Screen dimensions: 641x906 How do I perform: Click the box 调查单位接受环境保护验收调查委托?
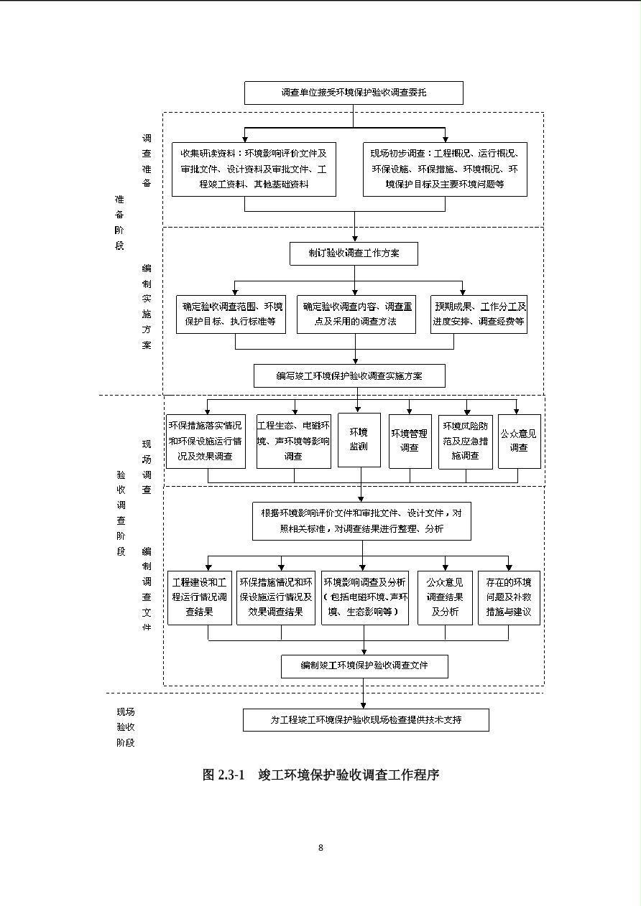click(x=354, y=93)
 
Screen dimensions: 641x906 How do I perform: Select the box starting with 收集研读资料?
click(x=254, y=169)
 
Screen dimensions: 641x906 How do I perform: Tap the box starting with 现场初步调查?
click(x=445, y=169)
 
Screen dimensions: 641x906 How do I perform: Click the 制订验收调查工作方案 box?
click(x=354, y=253)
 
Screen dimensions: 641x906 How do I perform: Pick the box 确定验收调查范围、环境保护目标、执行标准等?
click(x=231, y=314)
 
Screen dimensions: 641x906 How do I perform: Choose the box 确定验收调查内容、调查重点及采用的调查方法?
click(x=356, y=314)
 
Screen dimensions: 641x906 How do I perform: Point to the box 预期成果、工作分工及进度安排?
click(x=479, y=314)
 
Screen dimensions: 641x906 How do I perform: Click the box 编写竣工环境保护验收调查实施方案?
click(x=349, y=375)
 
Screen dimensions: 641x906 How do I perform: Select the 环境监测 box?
click(x=359, y=440)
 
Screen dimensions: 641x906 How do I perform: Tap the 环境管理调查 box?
click(x=410, y=442)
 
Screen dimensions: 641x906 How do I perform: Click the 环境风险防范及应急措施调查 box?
click(x=466, y=442)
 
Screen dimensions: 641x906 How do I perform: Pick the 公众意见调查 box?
click(x=520, y=442)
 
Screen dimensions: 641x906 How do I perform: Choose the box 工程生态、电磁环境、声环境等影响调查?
click(x=294, y=442)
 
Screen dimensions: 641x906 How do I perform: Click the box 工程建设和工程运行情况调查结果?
click(x=200, y=598)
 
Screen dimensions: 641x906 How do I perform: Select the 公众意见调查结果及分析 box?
click(x=445, y=598)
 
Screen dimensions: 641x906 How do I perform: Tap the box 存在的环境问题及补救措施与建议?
click(x=509, y=598)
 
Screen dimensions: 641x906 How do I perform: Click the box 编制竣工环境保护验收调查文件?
click(x=364, y=666)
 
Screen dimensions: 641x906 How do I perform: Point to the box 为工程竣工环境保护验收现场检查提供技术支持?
click(x=366, y=719)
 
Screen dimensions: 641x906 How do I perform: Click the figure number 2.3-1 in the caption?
click(x=231, y=775)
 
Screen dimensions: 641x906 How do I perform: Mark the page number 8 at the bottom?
click(x=320, y=848)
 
